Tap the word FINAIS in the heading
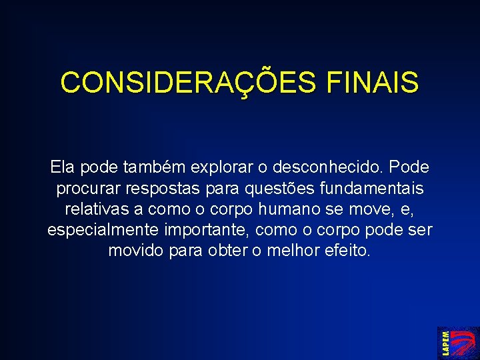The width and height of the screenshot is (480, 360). pyautogui.click(x=373, y=82)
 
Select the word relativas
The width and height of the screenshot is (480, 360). pyautogui.click(x=97, y=209)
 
